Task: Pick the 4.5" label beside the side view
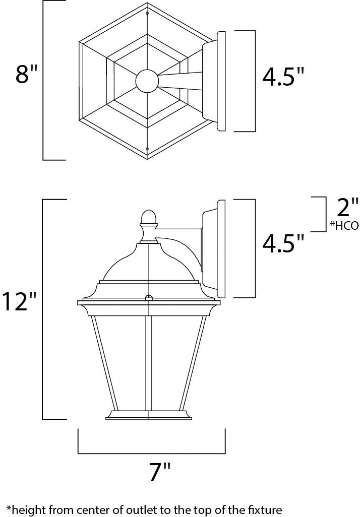pos(283,243)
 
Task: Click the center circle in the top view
pos(147,81)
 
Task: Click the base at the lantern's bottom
pos(149,414)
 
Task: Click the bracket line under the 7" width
pos(151,453)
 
